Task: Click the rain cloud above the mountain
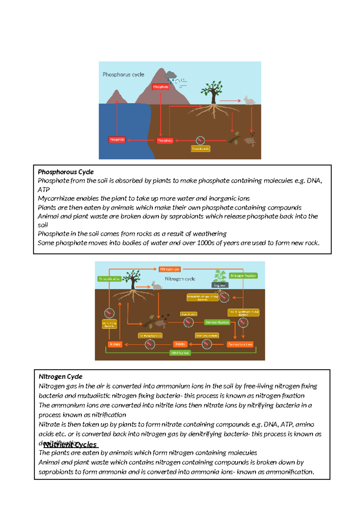(170, 75)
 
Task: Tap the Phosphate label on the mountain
(160, 87)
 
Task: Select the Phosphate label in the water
(117, 140)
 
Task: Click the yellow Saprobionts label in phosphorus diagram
(200, 149)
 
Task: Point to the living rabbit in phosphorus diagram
(249, 100)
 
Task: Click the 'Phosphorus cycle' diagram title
(123, 74)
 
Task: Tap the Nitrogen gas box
(169, 269)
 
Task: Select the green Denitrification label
(109, 279)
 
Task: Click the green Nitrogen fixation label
(243, 276)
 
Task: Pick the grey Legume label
(220, 285)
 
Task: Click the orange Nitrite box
(180, 344)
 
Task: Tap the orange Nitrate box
(115, 344)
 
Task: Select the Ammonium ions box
(240, 344)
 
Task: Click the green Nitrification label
(180, 353)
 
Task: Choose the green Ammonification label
(217, 322)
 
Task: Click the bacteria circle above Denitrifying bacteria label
(109, 313)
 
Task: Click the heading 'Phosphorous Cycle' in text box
(66, 172)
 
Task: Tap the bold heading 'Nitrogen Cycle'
(60, 377)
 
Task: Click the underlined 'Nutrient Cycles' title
(71, 445)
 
